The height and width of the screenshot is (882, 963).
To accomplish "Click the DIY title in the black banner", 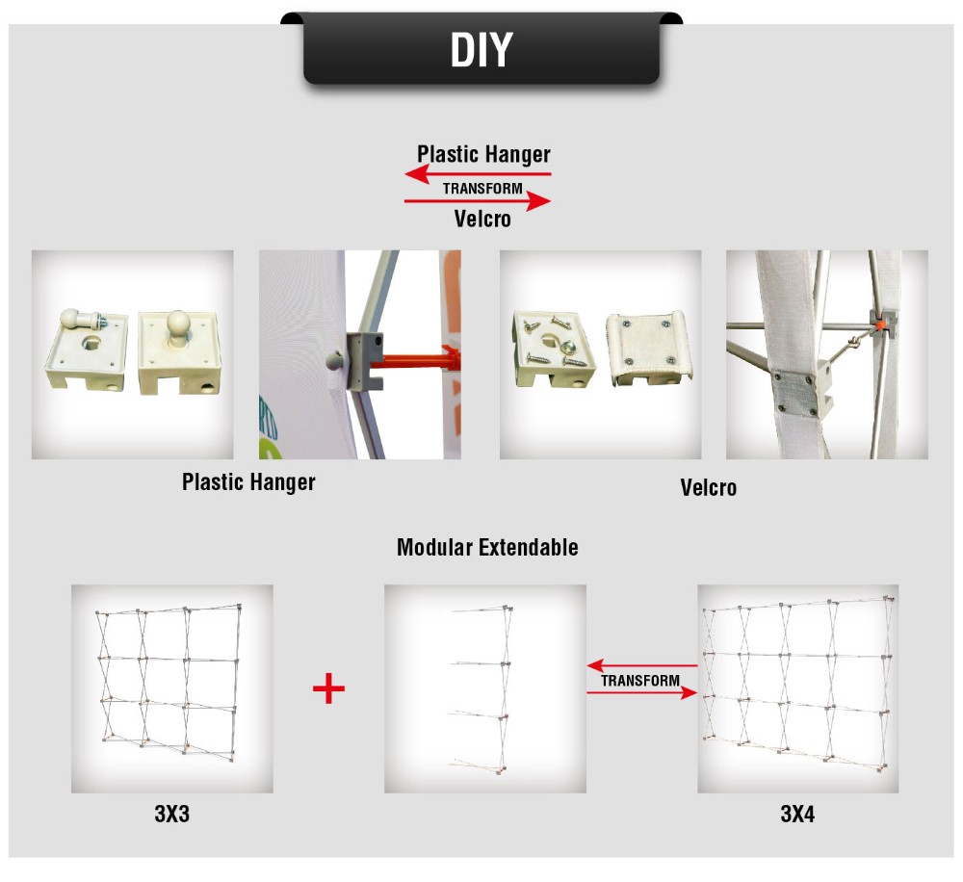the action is click(x=481, y=50).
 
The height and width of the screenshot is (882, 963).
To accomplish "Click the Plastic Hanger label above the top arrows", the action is click(x=484, y=154).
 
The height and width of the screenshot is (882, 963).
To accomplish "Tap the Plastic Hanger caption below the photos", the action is click(x=248, y=482).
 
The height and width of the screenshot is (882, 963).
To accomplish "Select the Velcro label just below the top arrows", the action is click(x=482, y=219).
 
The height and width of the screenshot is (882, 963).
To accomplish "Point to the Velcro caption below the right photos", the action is click(x=709, y=487).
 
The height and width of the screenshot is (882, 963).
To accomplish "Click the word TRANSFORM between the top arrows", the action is click(x=482, y=188).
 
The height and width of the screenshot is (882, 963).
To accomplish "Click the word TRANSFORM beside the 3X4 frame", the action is click(x=640, y=681).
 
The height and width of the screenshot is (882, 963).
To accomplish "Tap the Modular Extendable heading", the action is click(x=487, y=547).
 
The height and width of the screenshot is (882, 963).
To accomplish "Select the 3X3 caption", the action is click(x=172, y=814).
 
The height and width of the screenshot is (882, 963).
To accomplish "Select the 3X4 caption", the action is click(x=797, y=814).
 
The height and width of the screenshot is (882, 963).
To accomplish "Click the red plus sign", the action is click(x=329, y=688).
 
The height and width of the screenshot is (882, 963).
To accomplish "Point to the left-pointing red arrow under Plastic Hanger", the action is click(x=478, y=174).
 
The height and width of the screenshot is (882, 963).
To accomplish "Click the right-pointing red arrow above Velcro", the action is click(x=478, y=201).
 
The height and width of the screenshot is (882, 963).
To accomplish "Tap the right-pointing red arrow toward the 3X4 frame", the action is click(x=641, y=693).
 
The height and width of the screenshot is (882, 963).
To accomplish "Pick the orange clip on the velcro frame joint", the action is click(x=880, y=322).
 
